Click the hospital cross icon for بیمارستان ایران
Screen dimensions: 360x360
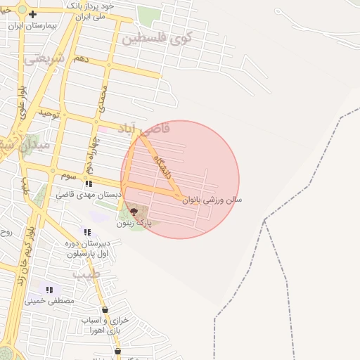coord(32,14)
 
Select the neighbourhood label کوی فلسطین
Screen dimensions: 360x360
coord(157,38)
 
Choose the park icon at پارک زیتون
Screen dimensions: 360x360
coord(134,211)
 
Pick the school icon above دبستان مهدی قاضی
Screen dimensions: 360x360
coord(89,184)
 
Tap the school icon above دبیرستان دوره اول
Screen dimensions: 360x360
coord(87,232)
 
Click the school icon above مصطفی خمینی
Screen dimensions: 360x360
coord(49,290)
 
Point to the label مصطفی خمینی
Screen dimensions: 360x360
coord(49,301)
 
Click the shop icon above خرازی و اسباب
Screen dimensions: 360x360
coord(105,309)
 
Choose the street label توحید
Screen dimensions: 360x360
coord(49,112)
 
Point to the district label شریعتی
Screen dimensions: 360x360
coord(44,60)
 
